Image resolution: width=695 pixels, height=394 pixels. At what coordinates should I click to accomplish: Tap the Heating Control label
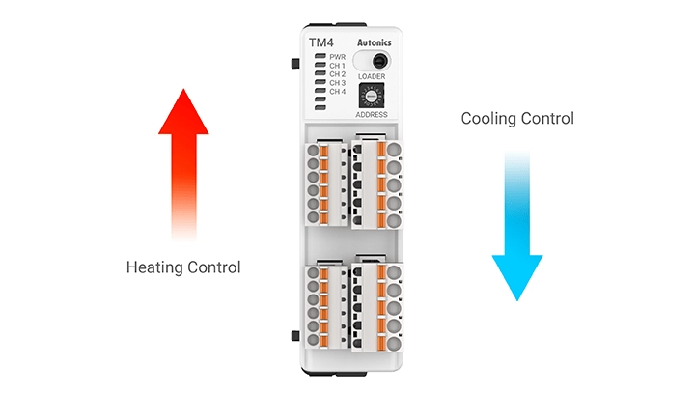click(183, 267)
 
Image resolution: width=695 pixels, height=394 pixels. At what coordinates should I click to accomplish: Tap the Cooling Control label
click(517, 119)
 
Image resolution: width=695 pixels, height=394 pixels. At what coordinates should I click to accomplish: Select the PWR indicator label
click(337, 57)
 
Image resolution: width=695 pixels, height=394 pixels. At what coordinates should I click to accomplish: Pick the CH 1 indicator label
click(337, 66)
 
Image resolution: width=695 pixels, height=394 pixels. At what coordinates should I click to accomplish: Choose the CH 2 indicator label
click(337, 74)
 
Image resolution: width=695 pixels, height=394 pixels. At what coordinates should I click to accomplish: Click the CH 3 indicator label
click(337, 83)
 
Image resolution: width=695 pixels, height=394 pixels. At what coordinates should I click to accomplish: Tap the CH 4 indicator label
click(337, 92)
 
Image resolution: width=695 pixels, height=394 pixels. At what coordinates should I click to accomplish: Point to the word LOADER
click(372, 76)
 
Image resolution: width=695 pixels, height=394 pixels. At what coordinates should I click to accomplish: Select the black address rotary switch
click(372, 96)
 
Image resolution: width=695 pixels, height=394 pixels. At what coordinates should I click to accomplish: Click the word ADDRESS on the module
click(372, 114)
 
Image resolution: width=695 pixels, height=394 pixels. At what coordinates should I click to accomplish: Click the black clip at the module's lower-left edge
click(293, 335)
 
